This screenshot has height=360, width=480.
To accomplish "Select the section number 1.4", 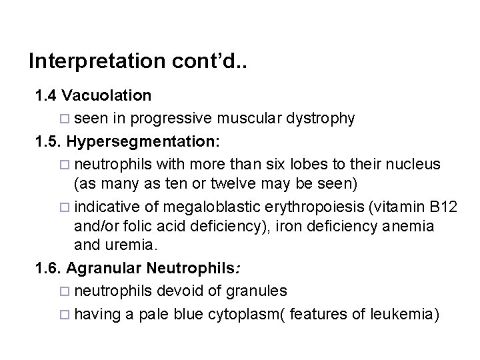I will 47,96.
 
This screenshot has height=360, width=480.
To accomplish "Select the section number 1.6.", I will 49,267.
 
